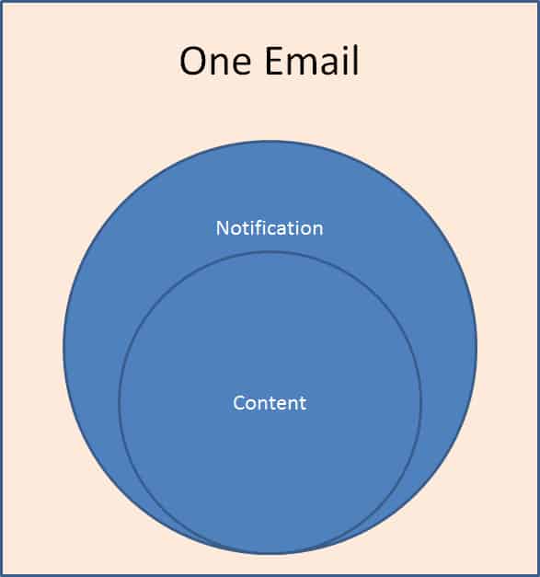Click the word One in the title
coord(215,61)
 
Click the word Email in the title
coord(312,60)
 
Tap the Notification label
coord(270,228)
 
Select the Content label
coord(270,402)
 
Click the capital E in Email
coord(273,61)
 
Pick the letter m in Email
coord(303,64)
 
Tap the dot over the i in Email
coord(344,48)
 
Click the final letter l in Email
coord(355,60)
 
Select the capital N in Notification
coord(222,228)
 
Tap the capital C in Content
coord(239,402)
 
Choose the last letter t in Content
coord(303,403)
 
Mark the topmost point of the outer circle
coord(270,142)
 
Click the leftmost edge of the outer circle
coord(64,347)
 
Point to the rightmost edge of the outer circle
coord(477,347)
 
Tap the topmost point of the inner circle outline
coord(270,252)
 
